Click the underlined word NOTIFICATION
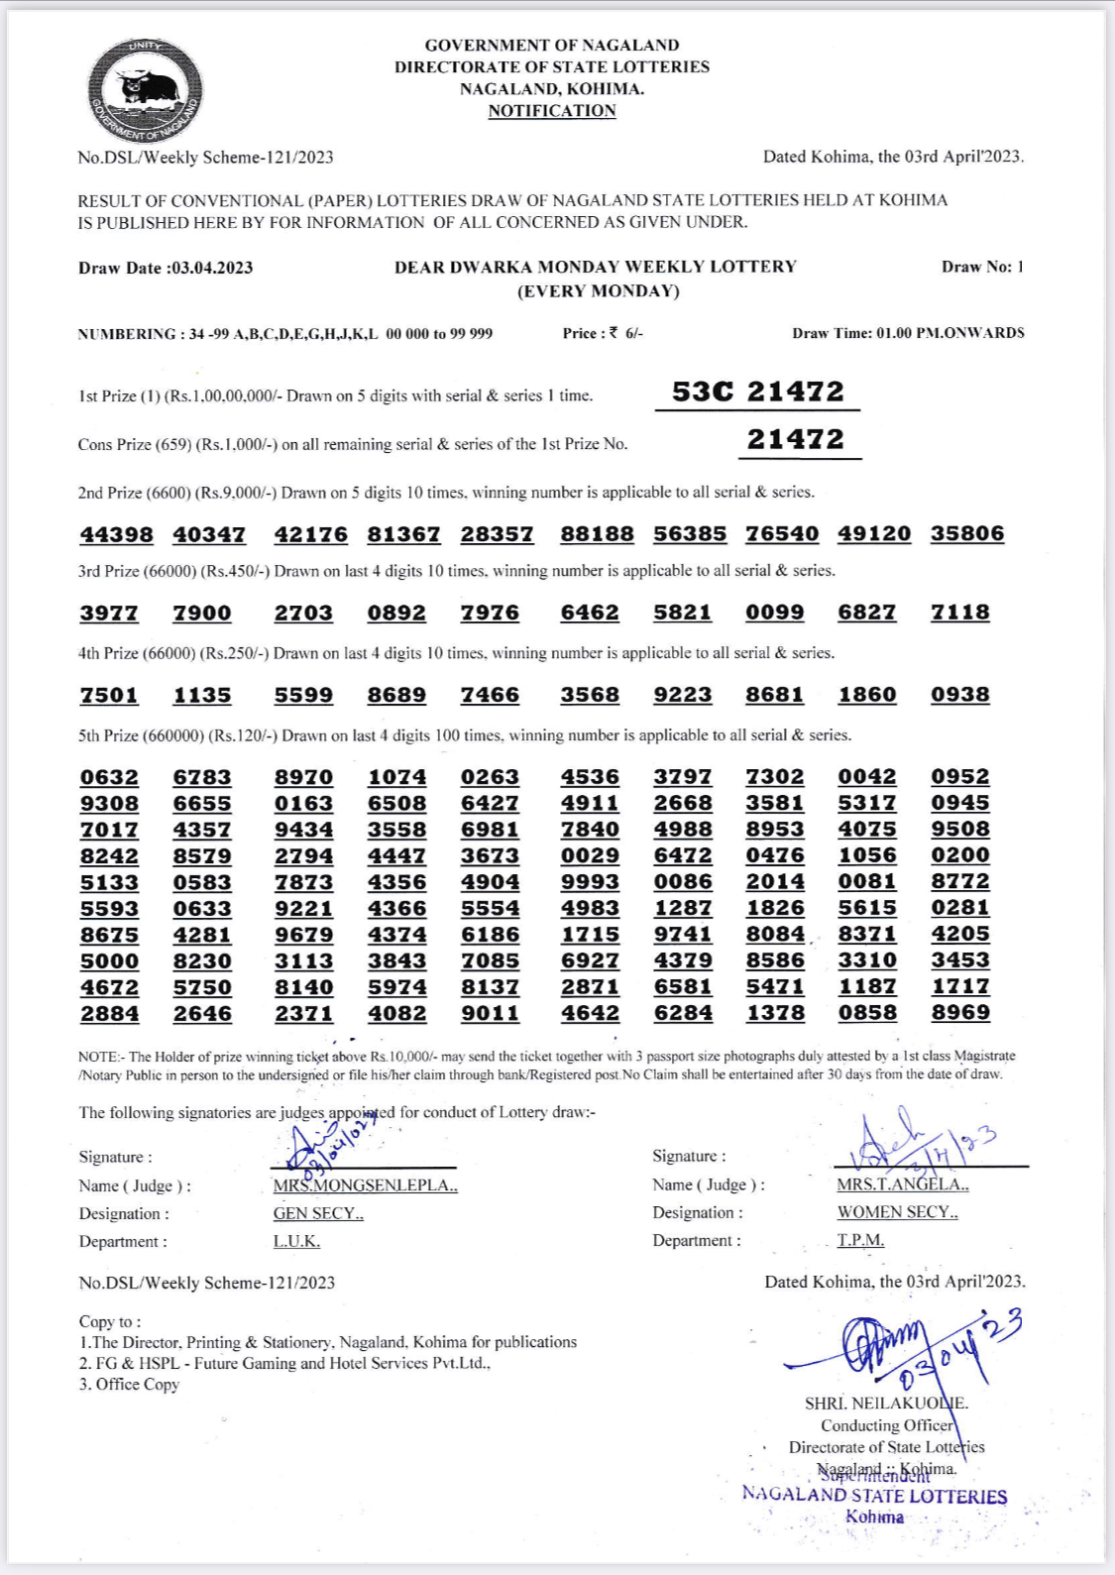[x=552, y=111]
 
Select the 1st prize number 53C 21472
[x=758, y=392]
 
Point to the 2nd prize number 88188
[x=597, y=534]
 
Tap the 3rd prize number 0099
[x=774, y=613]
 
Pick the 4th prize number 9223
[x=682, y=695]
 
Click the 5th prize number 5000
[x=109, y=960]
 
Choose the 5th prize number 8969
[x=959, y=1012]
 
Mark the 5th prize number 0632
[x=109, y=777]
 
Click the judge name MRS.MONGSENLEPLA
[x=365, y=1185]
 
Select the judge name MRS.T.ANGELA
[x=902, y=1184]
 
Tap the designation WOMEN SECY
[x=897, y=1212]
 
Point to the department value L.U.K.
[x=296, y=1241]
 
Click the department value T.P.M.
[x=860, y=1240]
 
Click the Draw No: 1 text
[x=982, y=267]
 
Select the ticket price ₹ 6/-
[x=626, y=333]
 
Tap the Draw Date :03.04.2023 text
[x=166, y=268]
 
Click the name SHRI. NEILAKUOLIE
[x=886, y=1404]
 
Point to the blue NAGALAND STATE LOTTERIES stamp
[x=874, y=1496]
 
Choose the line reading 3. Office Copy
[x=129, y=1385]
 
